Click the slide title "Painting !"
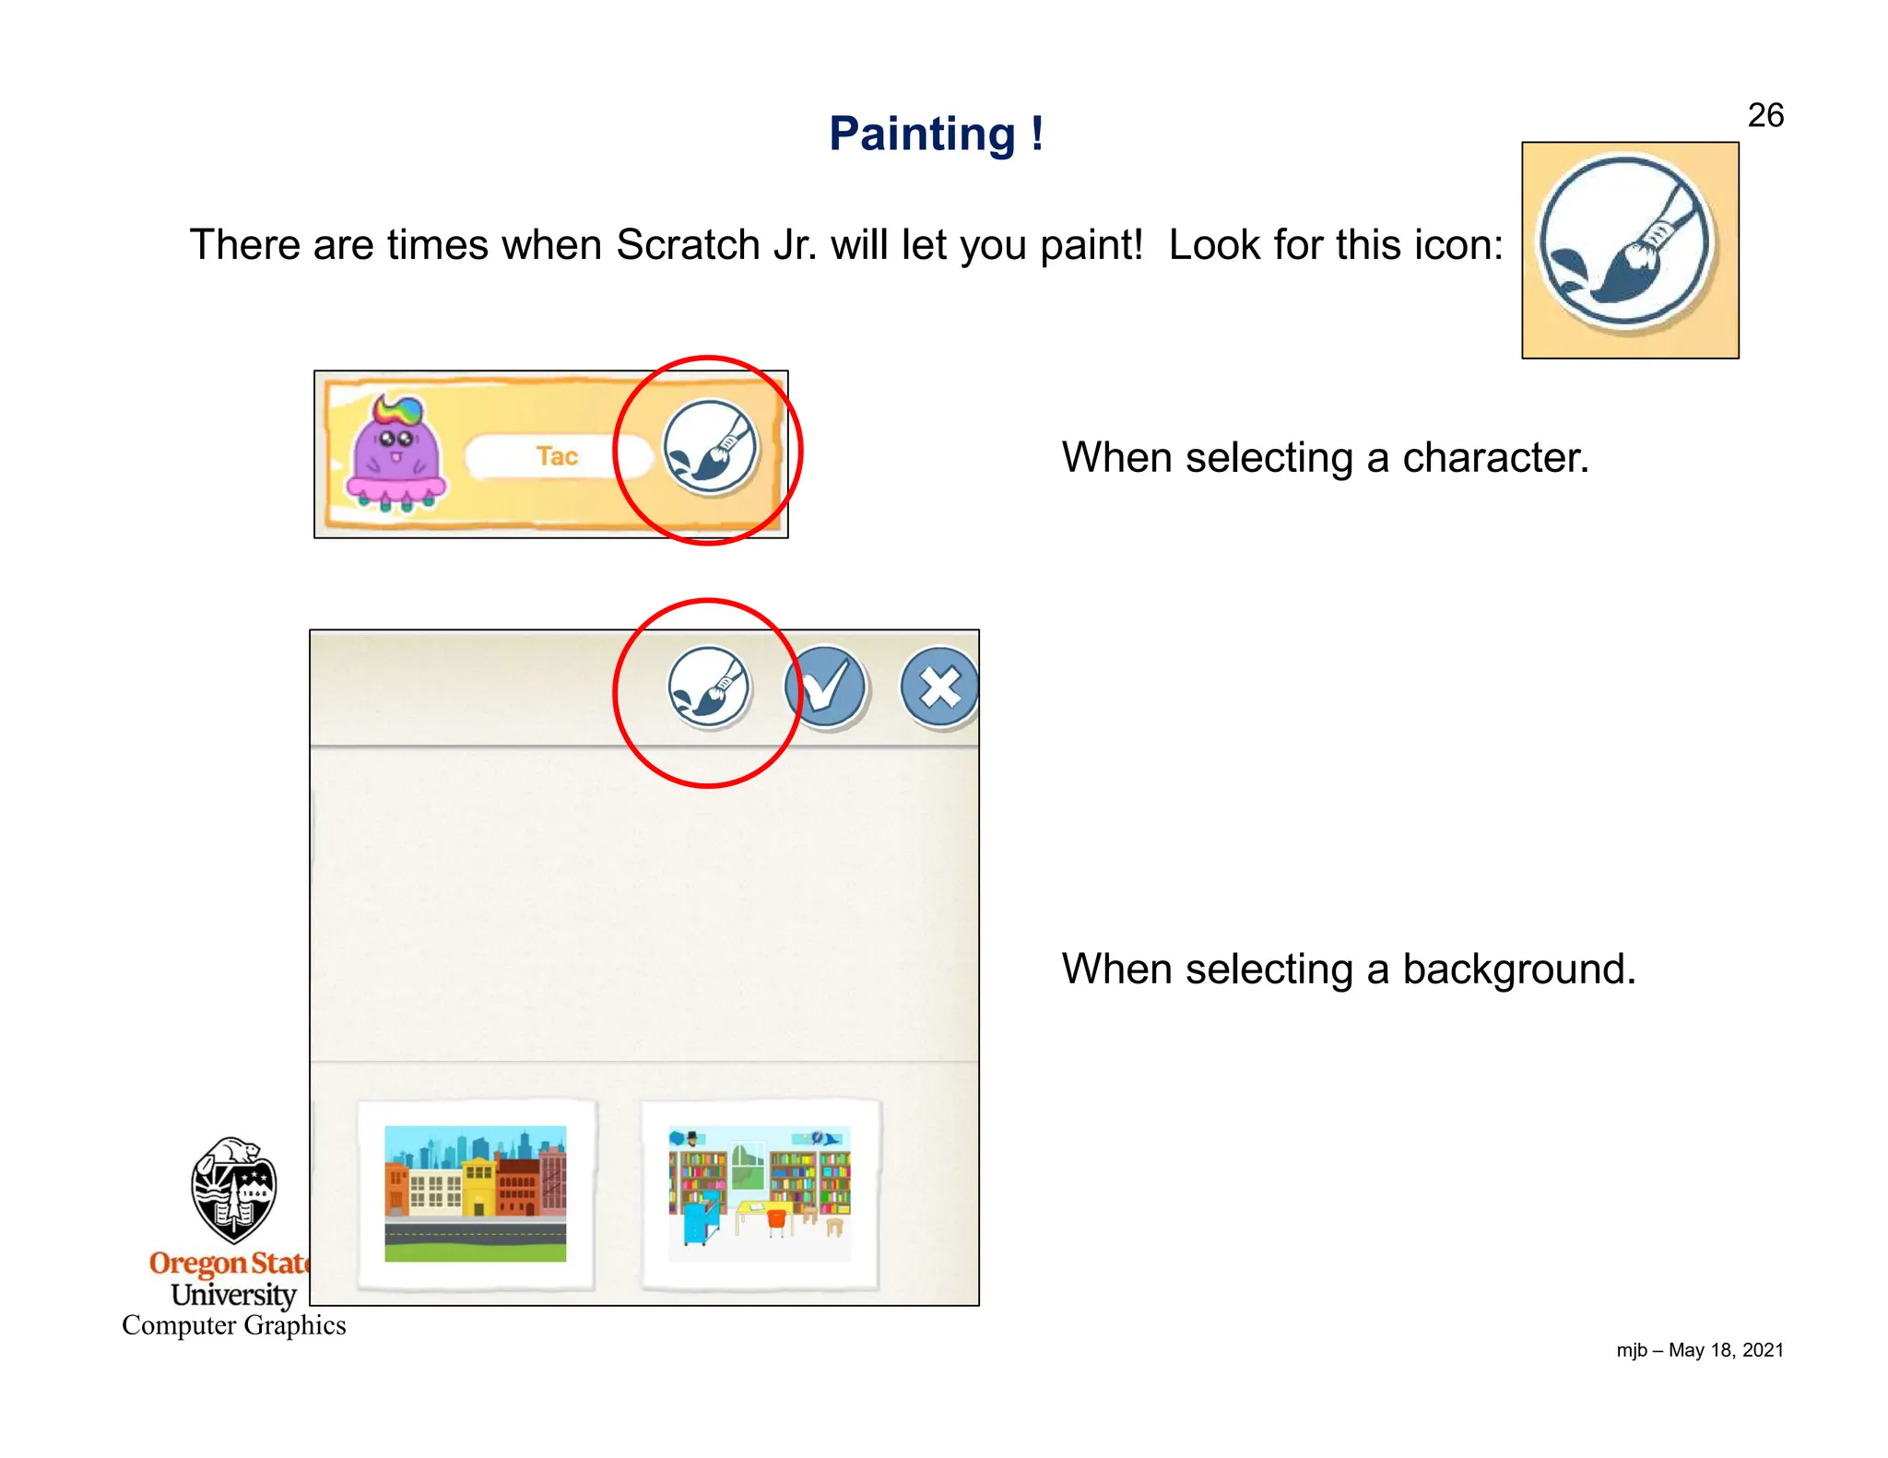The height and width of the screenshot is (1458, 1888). coord(936,135)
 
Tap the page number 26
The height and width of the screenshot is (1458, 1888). coord(1764,115)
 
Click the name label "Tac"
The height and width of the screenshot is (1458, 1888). coord(557,456)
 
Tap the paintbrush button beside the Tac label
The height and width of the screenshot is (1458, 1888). coord(710,448)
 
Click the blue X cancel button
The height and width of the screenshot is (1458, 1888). coord(938,688)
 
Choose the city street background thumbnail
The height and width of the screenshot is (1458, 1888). coord(475,1193)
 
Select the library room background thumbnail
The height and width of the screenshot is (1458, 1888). coord(759,1193)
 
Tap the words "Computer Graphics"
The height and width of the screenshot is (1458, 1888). coord(234,1325)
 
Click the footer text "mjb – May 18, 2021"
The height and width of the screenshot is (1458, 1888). coord(1699,1350)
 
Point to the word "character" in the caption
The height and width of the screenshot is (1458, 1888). coord(1495,457)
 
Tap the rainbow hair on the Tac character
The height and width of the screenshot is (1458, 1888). coord(399,409)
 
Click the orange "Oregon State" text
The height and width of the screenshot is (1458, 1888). coord(229,1263)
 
